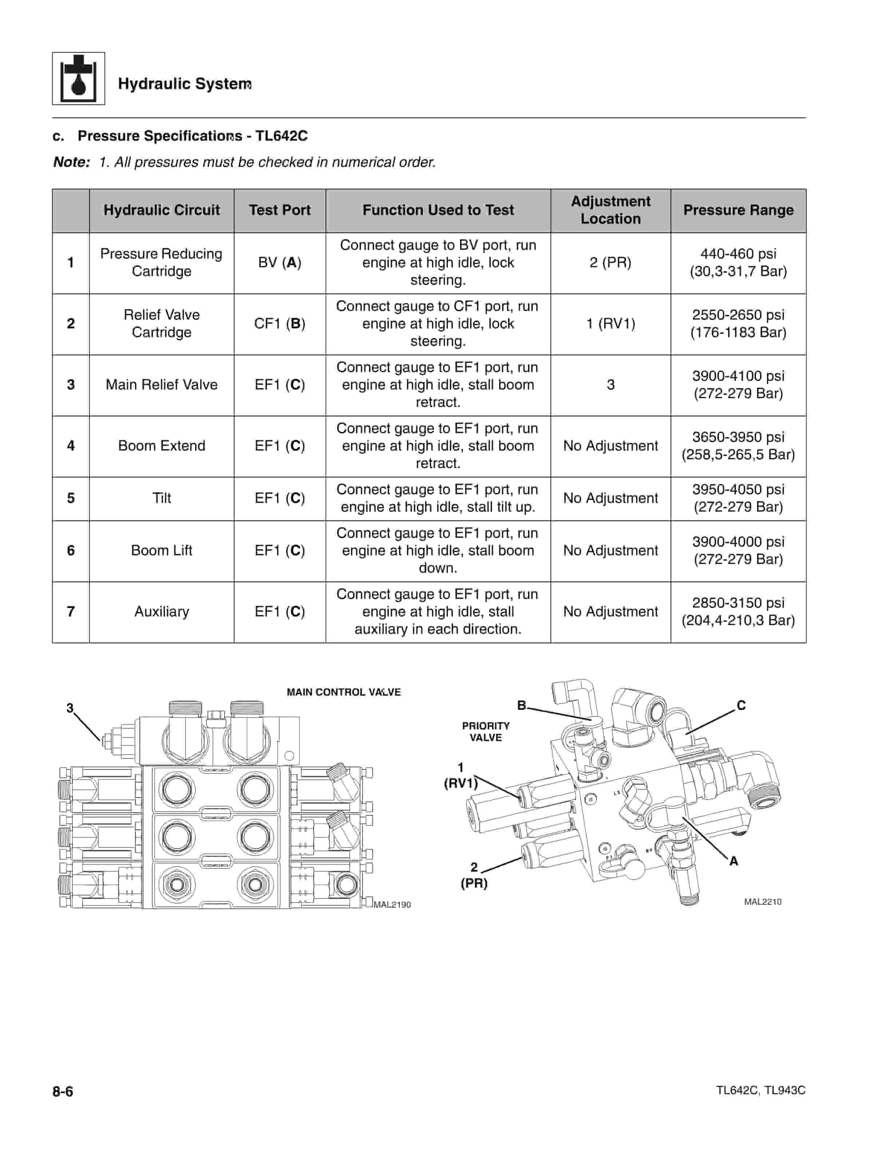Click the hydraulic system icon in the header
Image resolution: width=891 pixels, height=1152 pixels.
coord(78,78)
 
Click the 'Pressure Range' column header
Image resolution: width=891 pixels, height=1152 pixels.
coord(738,210)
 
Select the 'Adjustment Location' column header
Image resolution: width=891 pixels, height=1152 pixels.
coord(610,210)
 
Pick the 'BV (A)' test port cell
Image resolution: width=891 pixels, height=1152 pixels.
coord(280,263)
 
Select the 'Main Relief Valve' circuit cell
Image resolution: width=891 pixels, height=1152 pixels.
coord(162,384)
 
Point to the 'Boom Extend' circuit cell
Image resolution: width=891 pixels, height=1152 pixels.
coord(162,446)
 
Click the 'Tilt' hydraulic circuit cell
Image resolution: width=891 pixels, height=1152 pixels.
coord(162,498)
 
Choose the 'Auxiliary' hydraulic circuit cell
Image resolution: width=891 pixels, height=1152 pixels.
coord(162,612)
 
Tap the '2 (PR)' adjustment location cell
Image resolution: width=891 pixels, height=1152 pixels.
coord(610,263)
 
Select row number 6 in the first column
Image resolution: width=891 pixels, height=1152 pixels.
coord(71,551)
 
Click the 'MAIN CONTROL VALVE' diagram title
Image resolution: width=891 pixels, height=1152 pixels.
coord(344,692)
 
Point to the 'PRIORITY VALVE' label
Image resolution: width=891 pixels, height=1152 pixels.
coord(486,732)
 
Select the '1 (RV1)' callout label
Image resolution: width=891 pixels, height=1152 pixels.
coord(461,775)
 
